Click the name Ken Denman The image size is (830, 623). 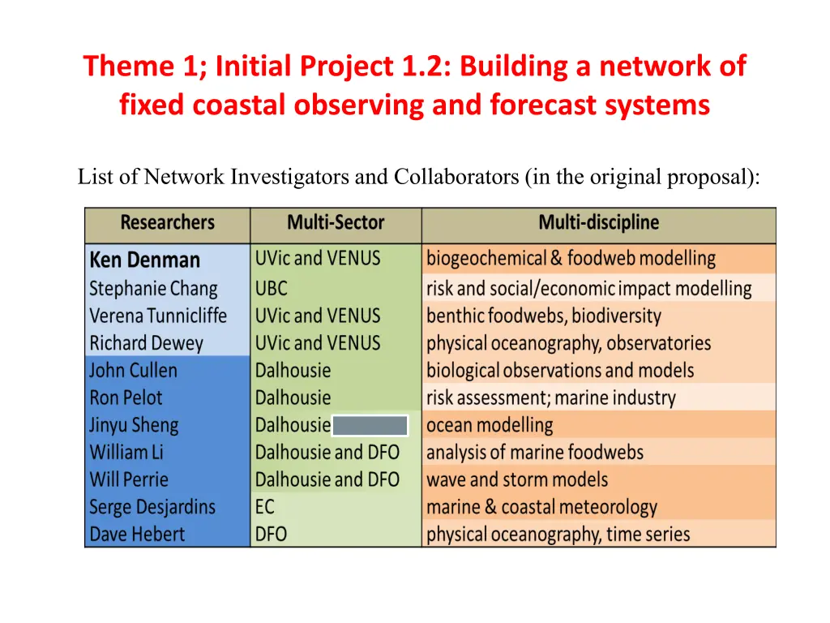[144, 260]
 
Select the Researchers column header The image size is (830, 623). [167, 222]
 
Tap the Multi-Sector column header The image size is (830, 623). [336, 222]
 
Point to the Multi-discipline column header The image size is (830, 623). [599, 222]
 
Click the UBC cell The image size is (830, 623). [271, 289]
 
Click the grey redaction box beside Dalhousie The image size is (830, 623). [370, 425]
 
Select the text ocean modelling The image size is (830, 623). [490, 425]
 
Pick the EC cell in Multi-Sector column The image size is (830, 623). [265, 507]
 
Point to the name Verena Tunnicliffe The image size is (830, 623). [158, 316]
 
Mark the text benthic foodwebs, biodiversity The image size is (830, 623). [544, 316]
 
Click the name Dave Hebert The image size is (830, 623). [137, 535]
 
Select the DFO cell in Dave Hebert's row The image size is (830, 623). [271, 535]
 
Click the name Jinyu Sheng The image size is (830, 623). [134, 425]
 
